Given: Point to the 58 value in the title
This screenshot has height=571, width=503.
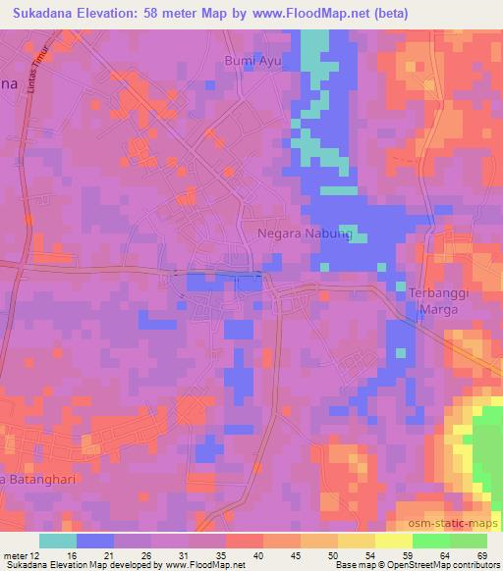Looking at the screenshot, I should (x=164, y=14).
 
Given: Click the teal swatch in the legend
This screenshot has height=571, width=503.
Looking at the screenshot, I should (x=58, y=541).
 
